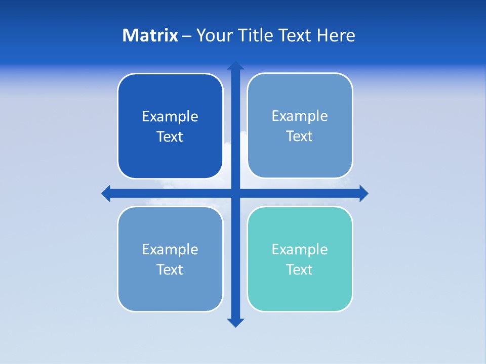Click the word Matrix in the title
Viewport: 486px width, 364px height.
[x=150, y=35]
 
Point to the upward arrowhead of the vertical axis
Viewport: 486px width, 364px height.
[x=235, y=66]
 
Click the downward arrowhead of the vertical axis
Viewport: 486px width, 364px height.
[x=235, y=323]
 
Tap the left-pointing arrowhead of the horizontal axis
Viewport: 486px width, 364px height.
[x=106, y=193]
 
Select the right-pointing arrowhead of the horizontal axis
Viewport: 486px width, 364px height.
[x=363, y=193]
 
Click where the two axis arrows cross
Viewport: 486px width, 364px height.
[x=235, y=193]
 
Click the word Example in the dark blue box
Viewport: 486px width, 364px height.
[x=170, y=117]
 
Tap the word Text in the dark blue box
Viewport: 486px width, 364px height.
[x=170, y=137]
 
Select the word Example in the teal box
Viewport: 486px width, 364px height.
[x=300, y=249]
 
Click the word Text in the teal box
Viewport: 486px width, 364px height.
[x=300, y=269]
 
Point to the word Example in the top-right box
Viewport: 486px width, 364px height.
[x=300, y=116]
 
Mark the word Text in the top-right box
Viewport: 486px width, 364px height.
[x=300, y=136]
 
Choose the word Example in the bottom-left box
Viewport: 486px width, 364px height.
[x=170, y=249]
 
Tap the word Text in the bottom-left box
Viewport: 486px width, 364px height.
[x=170, y=269]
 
